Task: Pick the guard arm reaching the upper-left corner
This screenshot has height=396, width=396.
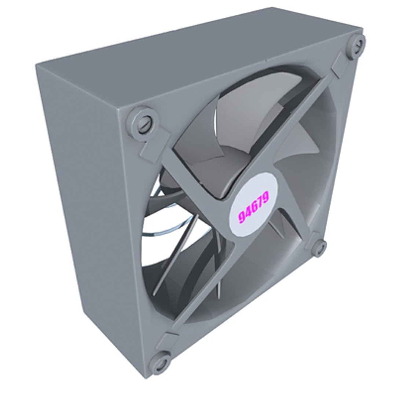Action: pyautogui.click(x=191, y=172)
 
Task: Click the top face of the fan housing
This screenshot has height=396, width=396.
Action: pyautogui.click(x=198, y=59)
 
